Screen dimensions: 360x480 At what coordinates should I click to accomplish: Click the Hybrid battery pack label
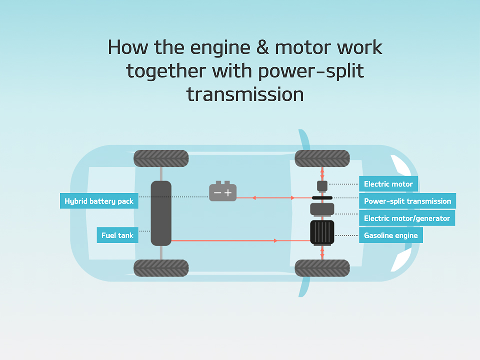coord(99,201)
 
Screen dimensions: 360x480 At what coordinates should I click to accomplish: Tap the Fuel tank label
coord(117,235)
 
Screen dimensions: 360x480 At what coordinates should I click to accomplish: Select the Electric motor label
coord(388,184)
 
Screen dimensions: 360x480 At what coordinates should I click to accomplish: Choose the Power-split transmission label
coord(407,201)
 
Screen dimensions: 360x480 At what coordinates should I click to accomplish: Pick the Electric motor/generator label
coord(407,218)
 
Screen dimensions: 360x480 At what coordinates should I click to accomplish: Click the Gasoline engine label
coord(390,235)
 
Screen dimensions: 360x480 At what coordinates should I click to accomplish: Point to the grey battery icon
coord(222,192)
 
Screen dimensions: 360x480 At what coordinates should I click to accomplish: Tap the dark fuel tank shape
coord(161,213)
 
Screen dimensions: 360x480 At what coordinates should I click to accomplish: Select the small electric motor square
coord(322,185)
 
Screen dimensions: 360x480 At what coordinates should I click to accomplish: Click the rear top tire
coord(161,158)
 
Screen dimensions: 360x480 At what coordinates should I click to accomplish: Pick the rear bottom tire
coord(161,268)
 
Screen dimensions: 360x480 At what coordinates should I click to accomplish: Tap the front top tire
coord(322,158)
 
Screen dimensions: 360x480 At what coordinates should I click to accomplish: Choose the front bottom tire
coord(322,268)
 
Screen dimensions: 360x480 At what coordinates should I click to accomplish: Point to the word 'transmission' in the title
coord(245,93)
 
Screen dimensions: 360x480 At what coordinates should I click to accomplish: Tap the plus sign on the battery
coord(229,193)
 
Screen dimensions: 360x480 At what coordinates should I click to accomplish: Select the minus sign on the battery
coord(217,193)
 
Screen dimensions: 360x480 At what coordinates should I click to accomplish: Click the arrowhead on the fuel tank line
coord(275,241)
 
